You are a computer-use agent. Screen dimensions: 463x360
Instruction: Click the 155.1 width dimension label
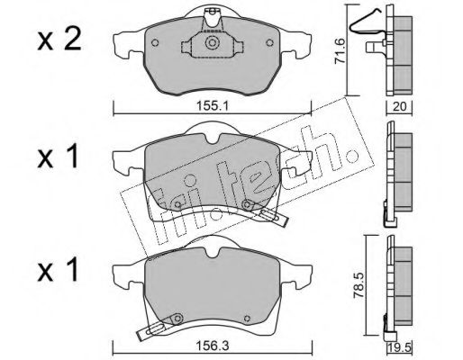213,106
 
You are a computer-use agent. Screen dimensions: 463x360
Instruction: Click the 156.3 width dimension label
213,346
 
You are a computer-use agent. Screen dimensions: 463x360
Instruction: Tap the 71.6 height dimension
340,51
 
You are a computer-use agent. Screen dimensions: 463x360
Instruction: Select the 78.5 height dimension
359,285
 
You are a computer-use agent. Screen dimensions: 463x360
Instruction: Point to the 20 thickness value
399,106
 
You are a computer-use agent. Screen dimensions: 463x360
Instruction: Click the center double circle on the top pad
212,42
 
